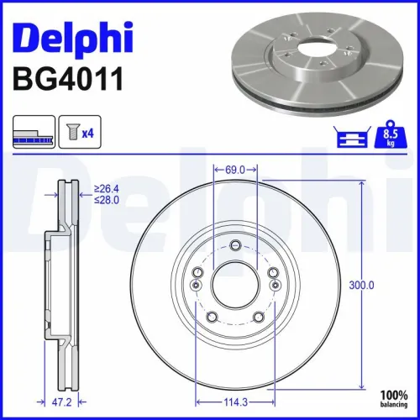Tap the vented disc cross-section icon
[x=34, y=132]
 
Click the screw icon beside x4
[x=72, y=132]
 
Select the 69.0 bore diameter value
[x=236, y=170]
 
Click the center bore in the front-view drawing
[x=235, y=286]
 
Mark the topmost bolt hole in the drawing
[x=235, y=245]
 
